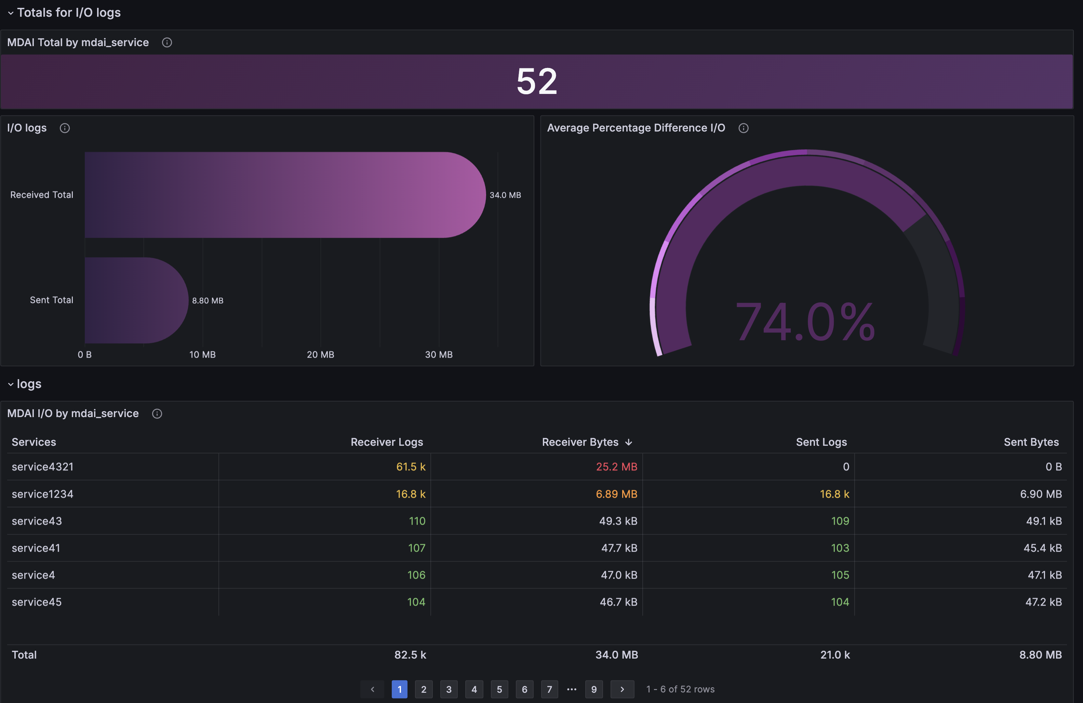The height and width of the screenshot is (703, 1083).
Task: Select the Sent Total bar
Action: point(136,300)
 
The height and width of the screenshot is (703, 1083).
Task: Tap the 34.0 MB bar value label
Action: point(505,195)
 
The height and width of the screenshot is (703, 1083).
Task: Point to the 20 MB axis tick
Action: point(320,355)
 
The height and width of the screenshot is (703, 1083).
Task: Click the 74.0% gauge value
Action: point(805,322)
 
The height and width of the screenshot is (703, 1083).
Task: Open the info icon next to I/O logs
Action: point(65,128)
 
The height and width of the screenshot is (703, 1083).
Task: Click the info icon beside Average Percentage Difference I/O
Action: point(744,128)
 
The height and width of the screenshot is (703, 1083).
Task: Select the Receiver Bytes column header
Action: point(580,442)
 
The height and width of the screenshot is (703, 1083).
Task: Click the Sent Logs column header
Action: point(821,442)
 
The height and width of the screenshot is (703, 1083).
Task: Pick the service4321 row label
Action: point(43,467)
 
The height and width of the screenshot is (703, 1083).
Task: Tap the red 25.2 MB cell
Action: point(617,467)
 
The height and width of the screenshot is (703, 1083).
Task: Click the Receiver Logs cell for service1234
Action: point(411,494)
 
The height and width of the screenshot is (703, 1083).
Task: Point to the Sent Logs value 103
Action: point(840,548)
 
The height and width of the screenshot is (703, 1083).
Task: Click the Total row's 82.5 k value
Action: point(410,655)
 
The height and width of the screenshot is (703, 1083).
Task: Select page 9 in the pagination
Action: point(594,689)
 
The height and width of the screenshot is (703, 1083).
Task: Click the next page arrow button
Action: point(622,689)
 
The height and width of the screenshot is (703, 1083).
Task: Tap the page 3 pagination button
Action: point(449,689)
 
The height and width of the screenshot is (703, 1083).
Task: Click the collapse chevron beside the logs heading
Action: point(11,384)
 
